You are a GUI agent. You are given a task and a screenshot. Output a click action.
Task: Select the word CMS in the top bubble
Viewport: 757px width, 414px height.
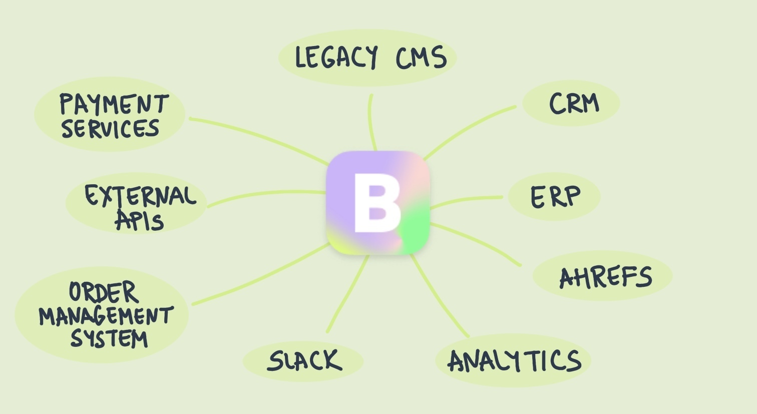(421, 58)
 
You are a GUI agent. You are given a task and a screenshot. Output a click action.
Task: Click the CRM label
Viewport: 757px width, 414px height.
(574, 104)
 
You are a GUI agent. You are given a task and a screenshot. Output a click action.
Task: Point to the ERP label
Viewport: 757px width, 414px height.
(555, 196)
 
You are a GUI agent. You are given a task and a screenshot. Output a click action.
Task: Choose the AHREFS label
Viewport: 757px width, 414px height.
(605, 277)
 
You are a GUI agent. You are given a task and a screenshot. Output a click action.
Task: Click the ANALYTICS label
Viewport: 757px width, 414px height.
(514, 361)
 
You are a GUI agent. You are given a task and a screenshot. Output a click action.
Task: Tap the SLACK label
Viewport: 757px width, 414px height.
(304, 360)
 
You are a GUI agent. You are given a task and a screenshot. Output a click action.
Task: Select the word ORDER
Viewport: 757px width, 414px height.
(103, 292)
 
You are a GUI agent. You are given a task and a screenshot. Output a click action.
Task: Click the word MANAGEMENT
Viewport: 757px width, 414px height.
(106, 316)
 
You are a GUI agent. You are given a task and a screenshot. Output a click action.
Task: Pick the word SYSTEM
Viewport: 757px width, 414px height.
(109, 338)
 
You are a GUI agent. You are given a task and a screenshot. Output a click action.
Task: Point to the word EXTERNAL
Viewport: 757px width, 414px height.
(140, 196)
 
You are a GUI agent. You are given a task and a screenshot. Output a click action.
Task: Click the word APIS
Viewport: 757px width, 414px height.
(140, 220)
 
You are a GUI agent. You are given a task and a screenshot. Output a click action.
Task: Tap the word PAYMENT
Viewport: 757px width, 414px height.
(114, 104)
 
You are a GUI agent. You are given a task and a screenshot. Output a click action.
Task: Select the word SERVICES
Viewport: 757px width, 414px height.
(110, 128)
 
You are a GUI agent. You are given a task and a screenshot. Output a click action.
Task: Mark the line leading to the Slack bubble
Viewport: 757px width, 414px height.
(346, 295)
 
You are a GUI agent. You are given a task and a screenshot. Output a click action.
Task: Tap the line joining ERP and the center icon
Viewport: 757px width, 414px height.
(466, 199)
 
